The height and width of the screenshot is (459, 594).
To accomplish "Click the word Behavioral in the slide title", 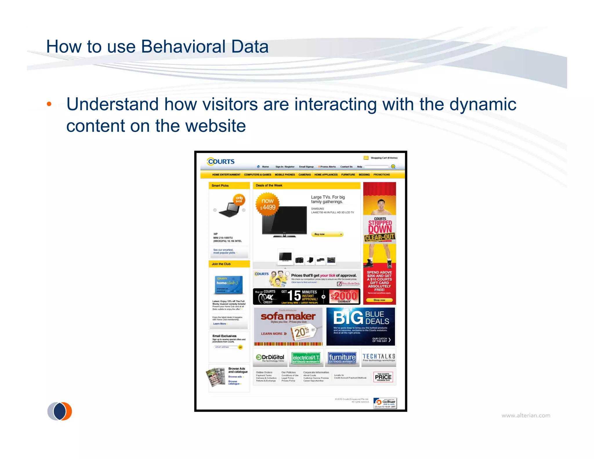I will (183, 47).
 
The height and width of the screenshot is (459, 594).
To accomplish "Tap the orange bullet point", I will (49, 104).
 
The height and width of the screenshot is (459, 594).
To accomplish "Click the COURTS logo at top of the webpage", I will (221, 161).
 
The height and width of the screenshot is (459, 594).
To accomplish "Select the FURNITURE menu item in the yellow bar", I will (348, 175).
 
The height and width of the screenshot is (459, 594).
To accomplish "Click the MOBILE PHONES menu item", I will (285, 175).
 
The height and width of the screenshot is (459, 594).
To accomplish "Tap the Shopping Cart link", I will (383, 158).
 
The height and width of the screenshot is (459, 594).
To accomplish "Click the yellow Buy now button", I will (327, 234).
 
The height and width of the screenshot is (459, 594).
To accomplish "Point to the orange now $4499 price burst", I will (267, 205).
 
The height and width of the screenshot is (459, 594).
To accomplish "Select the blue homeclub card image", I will (229, 284).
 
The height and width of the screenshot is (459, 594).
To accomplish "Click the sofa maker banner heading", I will (288, 316).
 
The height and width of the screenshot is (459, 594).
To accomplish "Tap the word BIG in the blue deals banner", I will (348, 318).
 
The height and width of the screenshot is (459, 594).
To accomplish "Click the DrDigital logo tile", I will (270, 358).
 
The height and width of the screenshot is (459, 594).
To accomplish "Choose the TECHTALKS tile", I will (379, 357).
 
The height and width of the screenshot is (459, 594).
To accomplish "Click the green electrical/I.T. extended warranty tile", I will (306, 358).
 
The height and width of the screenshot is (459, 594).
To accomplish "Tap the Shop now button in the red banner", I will (379, 300).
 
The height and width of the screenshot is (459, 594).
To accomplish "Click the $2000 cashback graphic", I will (344, 296).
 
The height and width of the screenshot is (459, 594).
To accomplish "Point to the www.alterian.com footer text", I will (526, 415).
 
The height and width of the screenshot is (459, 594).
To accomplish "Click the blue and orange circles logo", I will (60, 411).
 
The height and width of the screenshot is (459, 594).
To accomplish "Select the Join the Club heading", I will (221, 264).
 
